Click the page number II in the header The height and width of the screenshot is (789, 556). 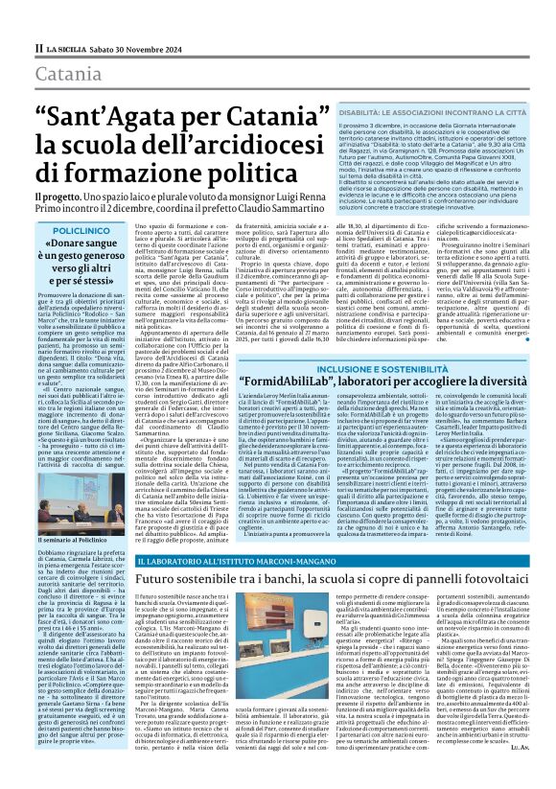37,47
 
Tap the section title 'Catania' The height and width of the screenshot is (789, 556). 67,73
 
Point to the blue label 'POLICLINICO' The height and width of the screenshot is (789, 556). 81,231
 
